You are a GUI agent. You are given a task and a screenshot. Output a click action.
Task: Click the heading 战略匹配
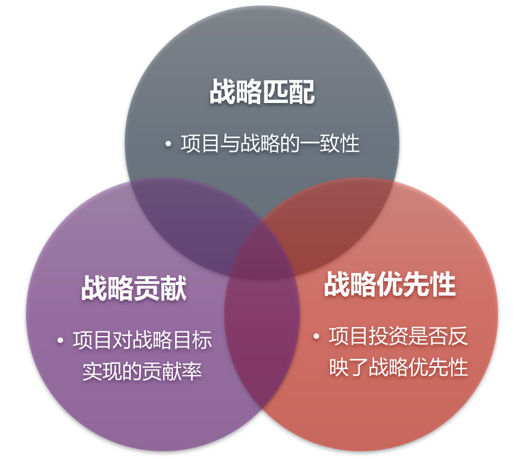pyautogui.click(x=262, y=92)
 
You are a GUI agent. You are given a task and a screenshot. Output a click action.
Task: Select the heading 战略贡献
pyautogui.click(x=134, y=289)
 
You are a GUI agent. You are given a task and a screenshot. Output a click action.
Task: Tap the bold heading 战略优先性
pyautogui.click(x=390, y=284)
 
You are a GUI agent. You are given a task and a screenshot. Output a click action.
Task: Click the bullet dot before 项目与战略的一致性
pyautogui.click(x=168, y=145)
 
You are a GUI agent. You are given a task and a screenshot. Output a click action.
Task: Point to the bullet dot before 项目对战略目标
pyautogui.click(x=60, y=341)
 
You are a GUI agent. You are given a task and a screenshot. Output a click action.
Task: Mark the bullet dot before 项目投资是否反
pyautogui.click(x=316, y=337)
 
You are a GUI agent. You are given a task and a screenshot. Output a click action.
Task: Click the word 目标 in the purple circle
pyautogui.click(x=192, y=341)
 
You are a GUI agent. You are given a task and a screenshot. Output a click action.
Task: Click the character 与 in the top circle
pyautogui.click(x=230, y=145)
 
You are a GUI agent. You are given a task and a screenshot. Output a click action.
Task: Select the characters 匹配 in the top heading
pyautogui.click(x=289, y=92)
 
